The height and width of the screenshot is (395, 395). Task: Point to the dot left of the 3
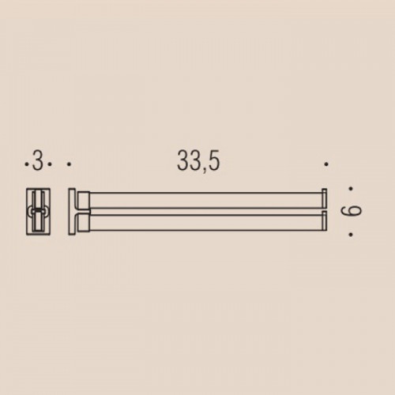[x=26, y=164]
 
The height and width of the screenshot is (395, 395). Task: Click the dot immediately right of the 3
[x=50, y=164]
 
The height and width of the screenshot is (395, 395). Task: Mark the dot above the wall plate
[x=69, y=164]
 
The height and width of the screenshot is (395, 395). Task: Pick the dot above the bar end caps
[x=326, y=164]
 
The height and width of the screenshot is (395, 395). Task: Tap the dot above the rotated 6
[x=351, y=189]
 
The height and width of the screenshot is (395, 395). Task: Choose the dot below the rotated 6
[x=351, y=235]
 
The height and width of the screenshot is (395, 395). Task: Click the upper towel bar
[x=206, y=201]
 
